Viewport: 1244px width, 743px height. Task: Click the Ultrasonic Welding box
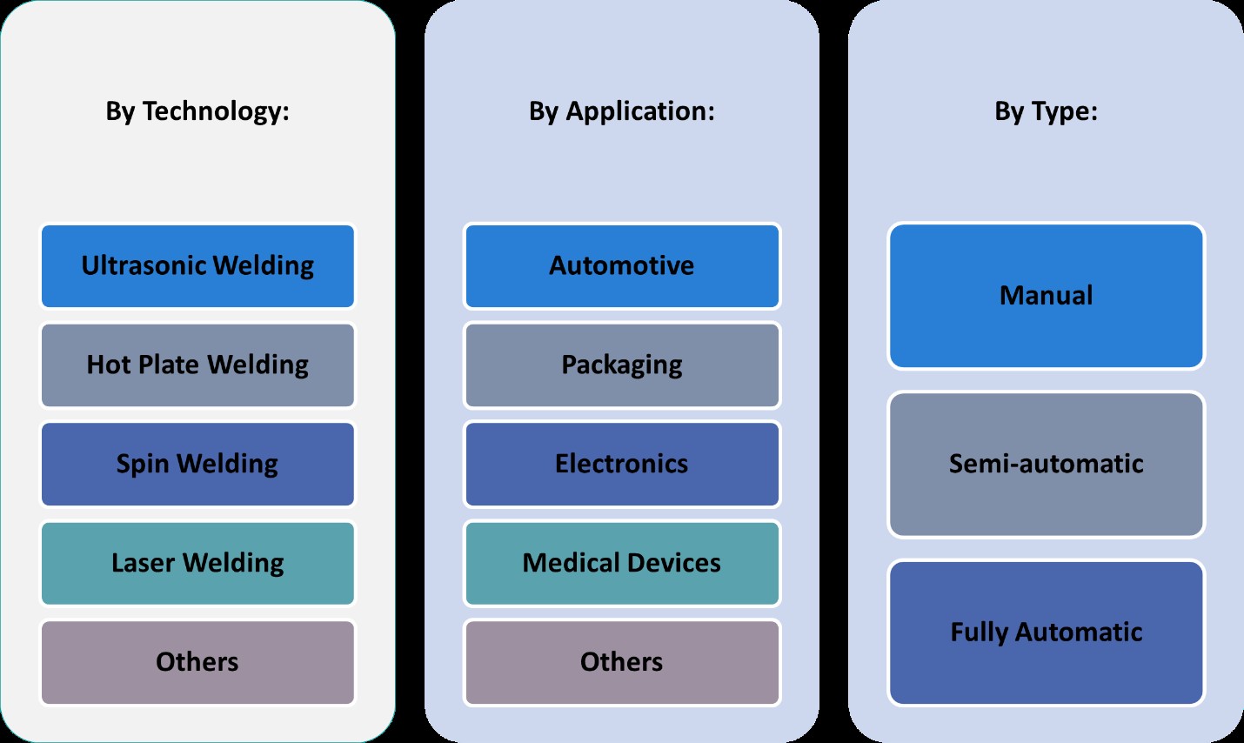click(x=197, y=266)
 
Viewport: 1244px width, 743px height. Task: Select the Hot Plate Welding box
click(x=197, y=365)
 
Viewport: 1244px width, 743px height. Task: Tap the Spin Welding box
click(x=197, y=465)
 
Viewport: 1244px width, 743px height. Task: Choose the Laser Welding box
click(x=197, y=564)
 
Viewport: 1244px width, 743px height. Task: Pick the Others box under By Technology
click(x=197, y=662)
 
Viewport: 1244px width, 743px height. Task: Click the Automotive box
click(x=622, y=266)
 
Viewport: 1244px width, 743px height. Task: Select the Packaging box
click(x=622, y=365)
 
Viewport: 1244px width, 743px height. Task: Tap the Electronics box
click(x=622, y=465)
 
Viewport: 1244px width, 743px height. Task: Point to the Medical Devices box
click(x=622, y=564)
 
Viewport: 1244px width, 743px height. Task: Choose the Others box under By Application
click(x=622, y=662)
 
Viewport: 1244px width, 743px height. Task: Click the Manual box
click(x=1046, y=296)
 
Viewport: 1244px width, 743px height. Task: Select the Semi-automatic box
click(x=1046, y=464)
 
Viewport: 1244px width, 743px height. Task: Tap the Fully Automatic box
click(x=1046, y=633)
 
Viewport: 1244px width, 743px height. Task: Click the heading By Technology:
click(x=197, y=111)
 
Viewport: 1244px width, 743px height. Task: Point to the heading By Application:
click(x=622, y=111)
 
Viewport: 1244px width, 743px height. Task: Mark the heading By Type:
click(x=1046, y=111)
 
